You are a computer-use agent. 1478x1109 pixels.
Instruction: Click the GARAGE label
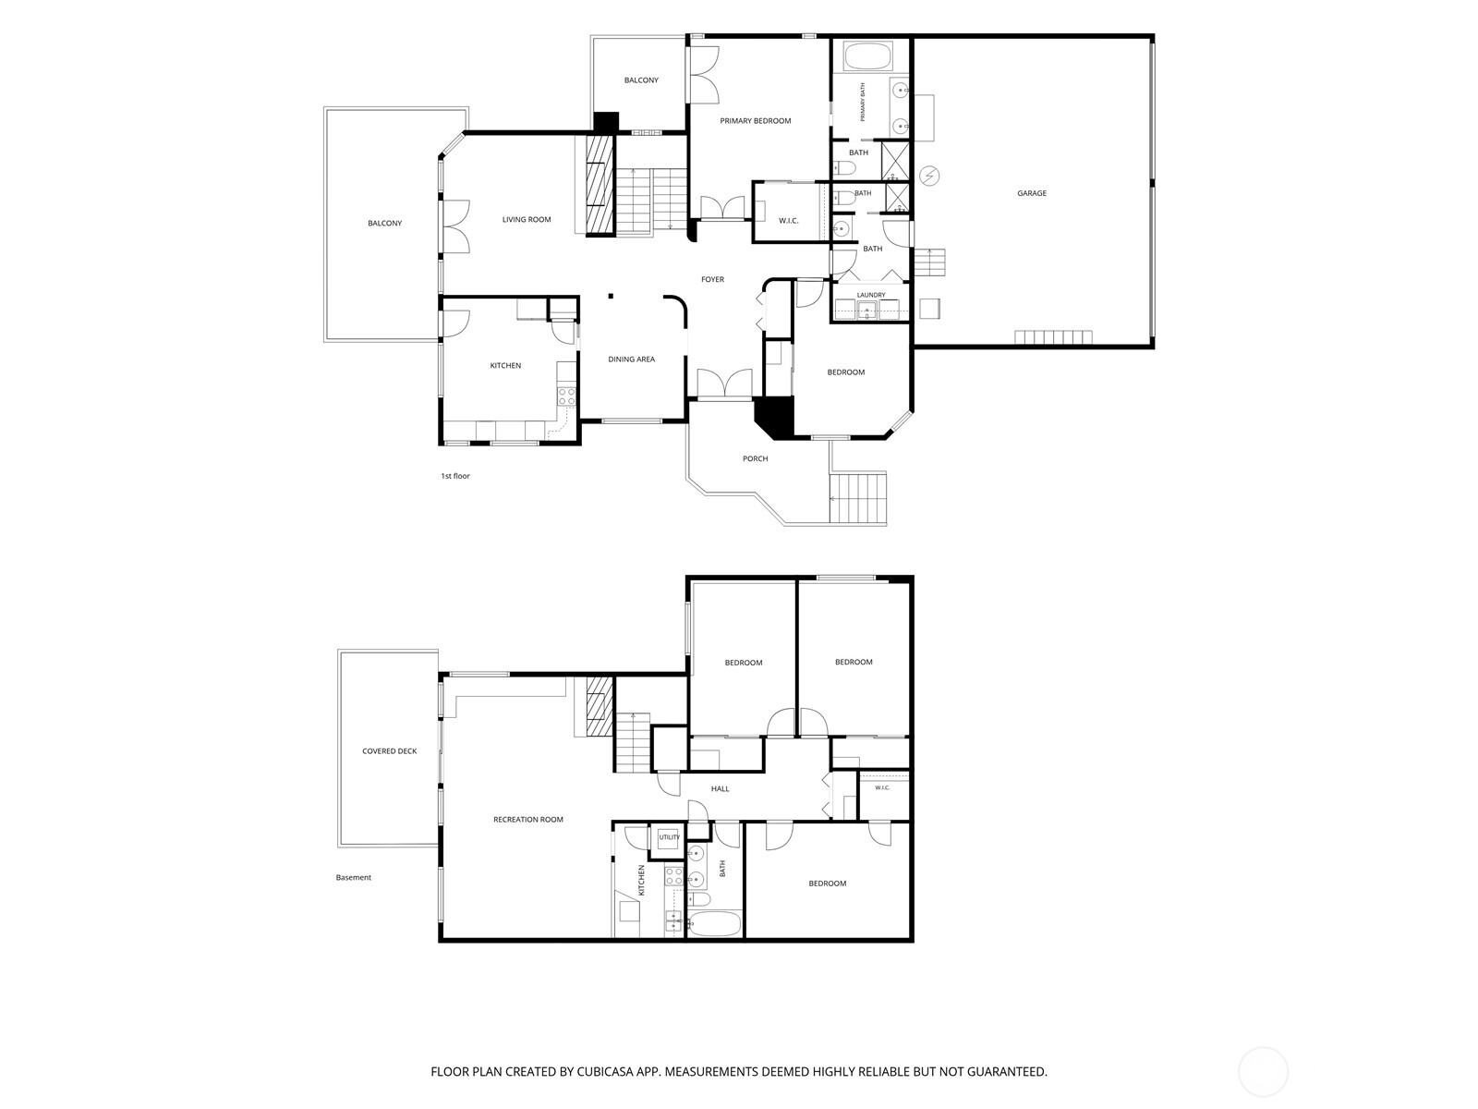pos(1032,193)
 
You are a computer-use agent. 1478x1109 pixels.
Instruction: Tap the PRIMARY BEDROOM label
pos(756,121)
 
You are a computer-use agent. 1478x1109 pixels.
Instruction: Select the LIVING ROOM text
pos(527,220)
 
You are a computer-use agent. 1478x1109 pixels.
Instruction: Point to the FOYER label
pos(712,279)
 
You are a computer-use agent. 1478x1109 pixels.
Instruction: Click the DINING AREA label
pos(632,360)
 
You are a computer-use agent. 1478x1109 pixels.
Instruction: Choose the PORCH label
pos(755,458)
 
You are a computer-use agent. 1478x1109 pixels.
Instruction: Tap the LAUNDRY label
pos(871,295)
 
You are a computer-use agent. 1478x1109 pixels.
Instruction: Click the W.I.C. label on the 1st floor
pos(789,221)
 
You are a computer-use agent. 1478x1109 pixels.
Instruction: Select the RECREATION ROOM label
pos(527,820)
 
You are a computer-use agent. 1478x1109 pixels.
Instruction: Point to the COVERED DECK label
pos(389,750)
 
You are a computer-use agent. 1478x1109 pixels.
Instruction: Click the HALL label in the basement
pos(720,788)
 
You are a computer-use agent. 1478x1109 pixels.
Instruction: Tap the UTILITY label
pos(670,837)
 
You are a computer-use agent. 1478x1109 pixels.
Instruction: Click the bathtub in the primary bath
pos(867,56)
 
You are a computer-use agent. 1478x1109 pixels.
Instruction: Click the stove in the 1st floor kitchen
pos(566,396)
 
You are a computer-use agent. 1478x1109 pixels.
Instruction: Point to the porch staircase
pos(857,498)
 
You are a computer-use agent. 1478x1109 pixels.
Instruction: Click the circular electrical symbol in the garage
pos(929,176)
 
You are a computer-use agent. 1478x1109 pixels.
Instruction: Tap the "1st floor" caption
pos(455,476)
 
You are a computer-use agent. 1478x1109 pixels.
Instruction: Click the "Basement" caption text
pos(354,877)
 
